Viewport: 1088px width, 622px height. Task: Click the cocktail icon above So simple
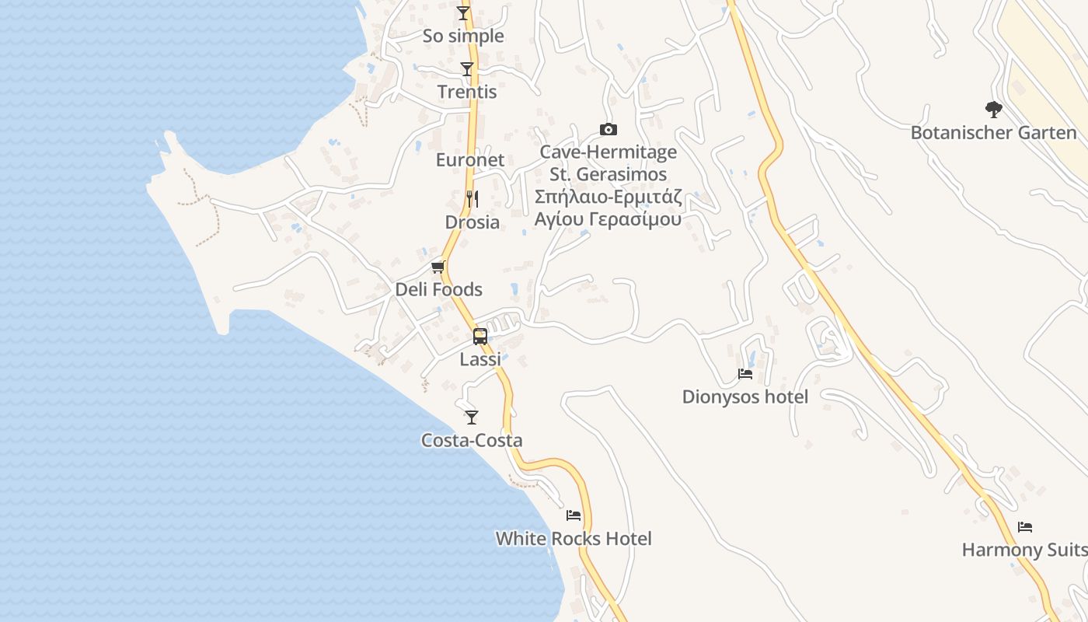tap(463, 12)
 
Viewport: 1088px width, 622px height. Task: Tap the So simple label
tap(463, 36)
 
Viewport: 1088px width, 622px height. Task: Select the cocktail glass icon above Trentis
tap(466, 69)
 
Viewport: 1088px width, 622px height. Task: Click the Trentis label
tap(466, 92)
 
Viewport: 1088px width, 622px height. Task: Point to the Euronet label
tap(470, 160)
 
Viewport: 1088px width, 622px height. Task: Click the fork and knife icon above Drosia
tap(472, 199)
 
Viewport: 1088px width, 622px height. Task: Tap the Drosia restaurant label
tap(472, 222)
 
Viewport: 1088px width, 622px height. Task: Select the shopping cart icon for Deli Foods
tap(438, 267)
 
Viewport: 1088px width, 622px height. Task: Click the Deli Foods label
tap(438, 290)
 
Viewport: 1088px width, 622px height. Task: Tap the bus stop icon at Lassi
tap(480, 337)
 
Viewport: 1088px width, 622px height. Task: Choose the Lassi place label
tap(480, 359)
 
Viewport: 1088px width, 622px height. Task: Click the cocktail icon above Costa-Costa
tap(472, 418)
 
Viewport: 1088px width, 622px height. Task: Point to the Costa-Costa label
tap(472, 441)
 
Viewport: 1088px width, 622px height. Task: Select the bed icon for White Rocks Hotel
tap(574, 515)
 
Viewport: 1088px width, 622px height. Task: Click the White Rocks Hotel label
tap(574, 539)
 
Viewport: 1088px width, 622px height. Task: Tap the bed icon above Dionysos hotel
tap(745, 374)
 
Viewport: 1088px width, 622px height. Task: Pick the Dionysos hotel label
tap(745, 397)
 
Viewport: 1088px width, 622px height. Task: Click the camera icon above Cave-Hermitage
tap(608, 129)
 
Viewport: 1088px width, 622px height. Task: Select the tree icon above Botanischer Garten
tap(993, 110)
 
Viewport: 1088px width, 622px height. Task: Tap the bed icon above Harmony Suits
tap(1025, 527)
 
